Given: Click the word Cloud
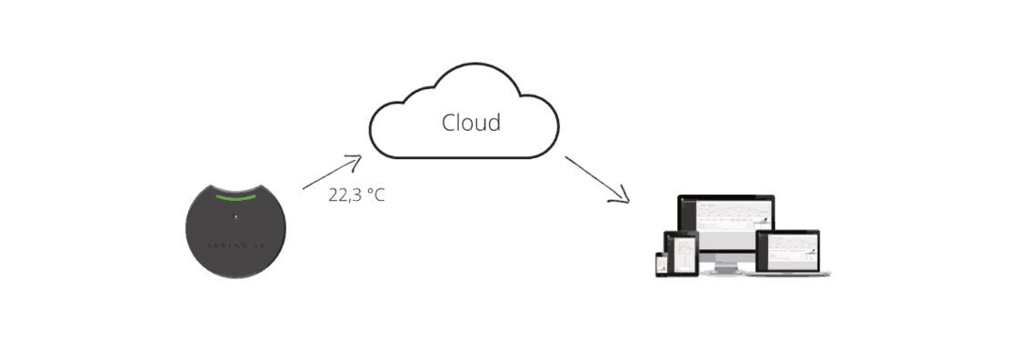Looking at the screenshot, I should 471,123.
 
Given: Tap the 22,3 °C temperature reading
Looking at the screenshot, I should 356,195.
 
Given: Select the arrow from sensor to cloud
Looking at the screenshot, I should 331,172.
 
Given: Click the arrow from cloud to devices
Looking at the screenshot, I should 596,178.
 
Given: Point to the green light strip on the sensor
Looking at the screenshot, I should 235,195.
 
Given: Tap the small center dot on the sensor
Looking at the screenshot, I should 235,216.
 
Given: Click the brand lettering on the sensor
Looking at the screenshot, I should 235,245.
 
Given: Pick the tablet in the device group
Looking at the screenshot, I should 684,254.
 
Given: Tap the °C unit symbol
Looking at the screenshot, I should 374,195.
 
